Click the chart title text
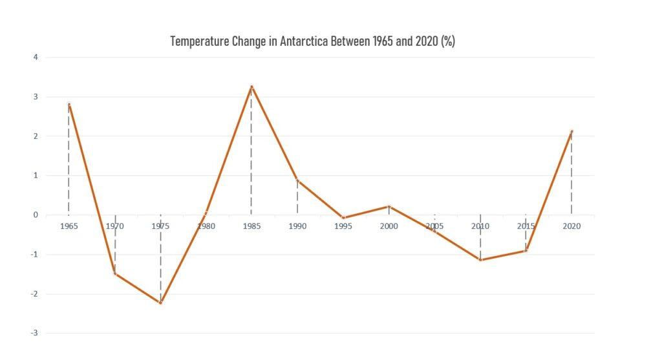tap(312, 41)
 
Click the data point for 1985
tap(251, 86)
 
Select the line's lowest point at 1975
tap(160, 302)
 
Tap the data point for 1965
tap(69, 103)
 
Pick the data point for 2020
tap(571, 131)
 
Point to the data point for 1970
tap(115, 273)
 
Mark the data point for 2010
tap(480, 260)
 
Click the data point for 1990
tap(297, 180)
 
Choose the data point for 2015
tap(526, 250)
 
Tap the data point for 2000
tap(389, 206)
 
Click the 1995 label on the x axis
tap(343, 226)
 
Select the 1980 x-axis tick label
tap(206, 226)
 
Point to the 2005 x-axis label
tap(434, 226)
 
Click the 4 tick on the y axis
tap(36, 58)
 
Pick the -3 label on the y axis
tap(35, 333)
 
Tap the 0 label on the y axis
tap(36, 215)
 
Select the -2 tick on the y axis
tap(35, 293)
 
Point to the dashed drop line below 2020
tap(571, 175)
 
